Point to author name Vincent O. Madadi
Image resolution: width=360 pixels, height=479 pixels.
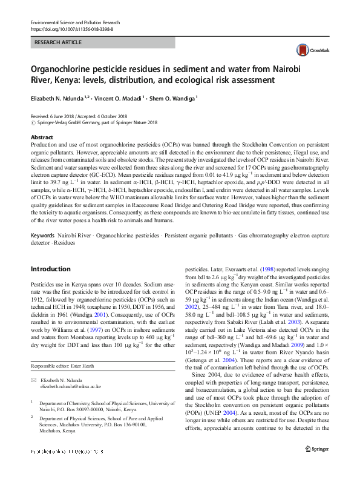(124, 97)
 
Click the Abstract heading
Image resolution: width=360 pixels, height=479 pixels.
(42, 138)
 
